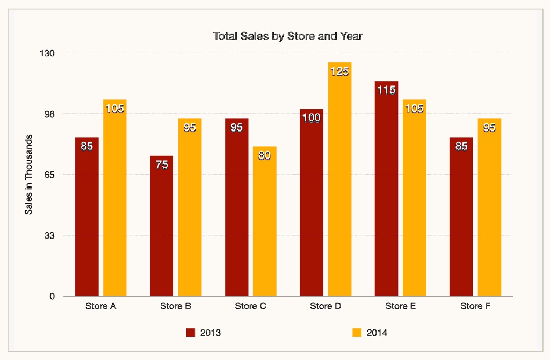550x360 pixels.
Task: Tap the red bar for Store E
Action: [x=386, y=188]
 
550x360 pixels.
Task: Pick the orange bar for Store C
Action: [x=264, y=221]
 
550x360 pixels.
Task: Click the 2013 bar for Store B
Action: [x=162, y=226]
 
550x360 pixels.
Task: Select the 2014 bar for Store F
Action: [x=489, y=207]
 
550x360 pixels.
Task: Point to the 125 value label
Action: [x=339, y=71]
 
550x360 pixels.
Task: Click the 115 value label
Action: [x=386, y=90]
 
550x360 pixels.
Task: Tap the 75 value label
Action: [x=162, y=165]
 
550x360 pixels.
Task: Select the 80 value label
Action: [x=264, y=156]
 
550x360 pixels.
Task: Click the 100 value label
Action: [x=312, y=118]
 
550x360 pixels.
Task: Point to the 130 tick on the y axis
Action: [x=48, y=53]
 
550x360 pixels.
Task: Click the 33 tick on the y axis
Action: [x=50, y=235]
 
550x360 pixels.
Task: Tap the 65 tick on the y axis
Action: [x=50, y=175]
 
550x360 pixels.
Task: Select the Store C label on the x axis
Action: [x=250, y=307]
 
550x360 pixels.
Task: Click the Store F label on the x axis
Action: [x=475, y=307]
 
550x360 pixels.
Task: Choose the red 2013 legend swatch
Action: [x=191, y=333]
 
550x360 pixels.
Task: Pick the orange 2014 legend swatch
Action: [x=357, y=333]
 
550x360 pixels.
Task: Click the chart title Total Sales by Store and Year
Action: [x=287, y=37]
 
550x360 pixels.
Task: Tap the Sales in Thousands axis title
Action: [x=29, y=175]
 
